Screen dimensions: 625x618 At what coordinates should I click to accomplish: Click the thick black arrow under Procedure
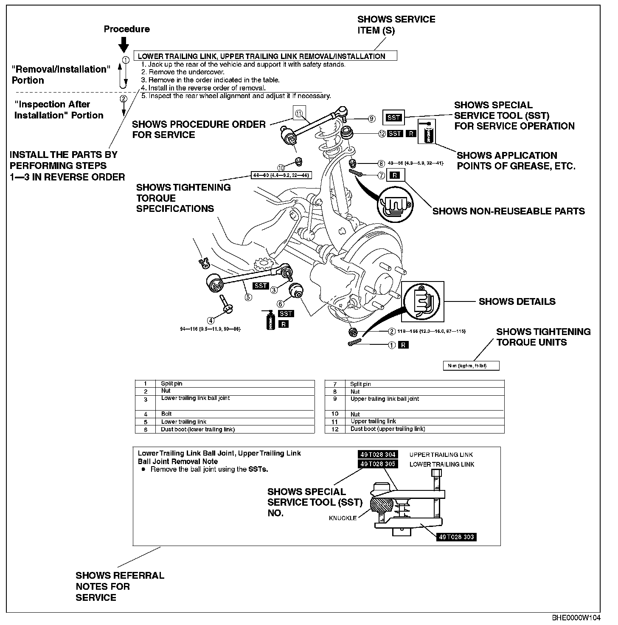coord(124,45)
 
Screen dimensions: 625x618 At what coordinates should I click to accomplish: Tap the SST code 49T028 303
coord(456,537)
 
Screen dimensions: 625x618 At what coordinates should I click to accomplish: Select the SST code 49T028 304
coord(378,455)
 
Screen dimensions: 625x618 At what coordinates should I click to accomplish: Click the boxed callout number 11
coord(299,113)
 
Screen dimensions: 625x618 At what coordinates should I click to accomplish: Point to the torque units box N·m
coord(471,366)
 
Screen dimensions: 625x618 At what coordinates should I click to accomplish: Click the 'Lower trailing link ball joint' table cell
coord(195,398)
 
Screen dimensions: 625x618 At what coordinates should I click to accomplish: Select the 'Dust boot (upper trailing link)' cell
coord(388,429)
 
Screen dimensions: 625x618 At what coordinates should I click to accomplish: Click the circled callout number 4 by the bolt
coord(211,320)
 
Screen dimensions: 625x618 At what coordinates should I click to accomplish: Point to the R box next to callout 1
coord(404,345)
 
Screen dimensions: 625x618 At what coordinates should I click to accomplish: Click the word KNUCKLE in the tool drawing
coord(343,518)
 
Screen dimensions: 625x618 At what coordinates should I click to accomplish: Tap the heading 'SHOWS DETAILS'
coord(517,302)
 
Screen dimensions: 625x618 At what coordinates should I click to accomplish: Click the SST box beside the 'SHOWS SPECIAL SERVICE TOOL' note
coord(393,118)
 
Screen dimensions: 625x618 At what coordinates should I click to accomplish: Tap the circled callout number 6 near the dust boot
coord(280,304)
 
